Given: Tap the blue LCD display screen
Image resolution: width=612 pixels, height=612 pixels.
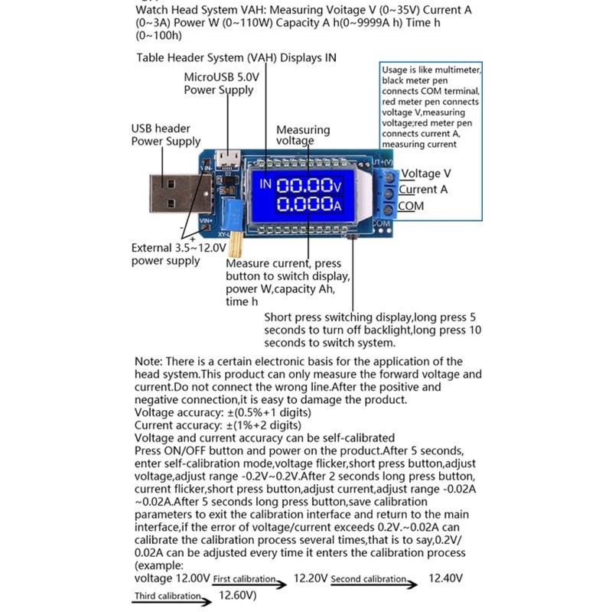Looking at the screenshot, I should [295, 195].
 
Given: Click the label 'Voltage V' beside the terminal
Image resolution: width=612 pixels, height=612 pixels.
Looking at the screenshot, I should [426, 174].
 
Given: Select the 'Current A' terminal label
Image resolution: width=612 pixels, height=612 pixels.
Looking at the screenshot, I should [422, 190].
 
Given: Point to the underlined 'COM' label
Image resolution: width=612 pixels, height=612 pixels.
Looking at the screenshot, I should [410, 207].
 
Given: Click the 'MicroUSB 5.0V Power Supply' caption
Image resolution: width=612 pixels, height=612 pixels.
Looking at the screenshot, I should [219, 83].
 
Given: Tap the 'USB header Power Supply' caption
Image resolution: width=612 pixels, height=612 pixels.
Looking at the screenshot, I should [165, 135].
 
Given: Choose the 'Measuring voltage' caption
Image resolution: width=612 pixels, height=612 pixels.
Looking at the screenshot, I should [303, 135].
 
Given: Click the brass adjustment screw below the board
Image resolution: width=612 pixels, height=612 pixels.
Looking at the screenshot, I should [238, 243].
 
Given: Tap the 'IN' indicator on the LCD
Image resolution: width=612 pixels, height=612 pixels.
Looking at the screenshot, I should [265, 184].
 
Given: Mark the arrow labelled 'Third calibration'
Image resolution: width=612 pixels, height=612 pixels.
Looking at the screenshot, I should [172, 598].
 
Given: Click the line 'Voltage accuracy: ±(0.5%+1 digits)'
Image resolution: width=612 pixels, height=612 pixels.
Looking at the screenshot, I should [222, 412].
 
